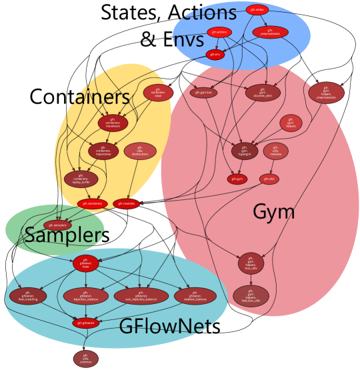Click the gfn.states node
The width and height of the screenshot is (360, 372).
(x=257, y=9)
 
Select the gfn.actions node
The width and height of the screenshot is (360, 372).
(x=219, y=32)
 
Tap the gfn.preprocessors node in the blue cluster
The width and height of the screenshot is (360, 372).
(x=270, y=32)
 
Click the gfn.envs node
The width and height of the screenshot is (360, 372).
(x=215, y=55)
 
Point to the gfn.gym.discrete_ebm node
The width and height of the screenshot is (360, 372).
(x=263, y=93)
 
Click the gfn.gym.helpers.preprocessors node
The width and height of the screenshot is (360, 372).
(x=326, y=93)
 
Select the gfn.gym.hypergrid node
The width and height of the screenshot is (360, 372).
(x=245, y=151)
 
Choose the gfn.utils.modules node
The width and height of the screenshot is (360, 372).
(x=275, y=151)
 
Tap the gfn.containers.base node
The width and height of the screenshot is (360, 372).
(x=158, y=92)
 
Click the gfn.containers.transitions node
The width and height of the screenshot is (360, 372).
(x=113, y=123)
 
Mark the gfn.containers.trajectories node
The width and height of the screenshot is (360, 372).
(x=103, y=151)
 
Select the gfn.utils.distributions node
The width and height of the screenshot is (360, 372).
(x=139, y=151)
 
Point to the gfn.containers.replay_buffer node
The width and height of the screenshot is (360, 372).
(x=81, y=179)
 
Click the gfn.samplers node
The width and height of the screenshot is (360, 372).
(x=57, y=225)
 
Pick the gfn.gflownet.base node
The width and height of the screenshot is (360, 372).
(x=85, y=263)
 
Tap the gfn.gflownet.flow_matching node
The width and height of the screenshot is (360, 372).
(x=28, y=296)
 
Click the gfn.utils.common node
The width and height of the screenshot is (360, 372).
(x=85, y=359)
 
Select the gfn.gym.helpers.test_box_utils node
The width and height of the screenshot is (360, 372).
(x=251, y=295)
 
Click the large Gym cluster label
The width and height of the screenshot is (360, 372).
(x=273, y=212)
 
